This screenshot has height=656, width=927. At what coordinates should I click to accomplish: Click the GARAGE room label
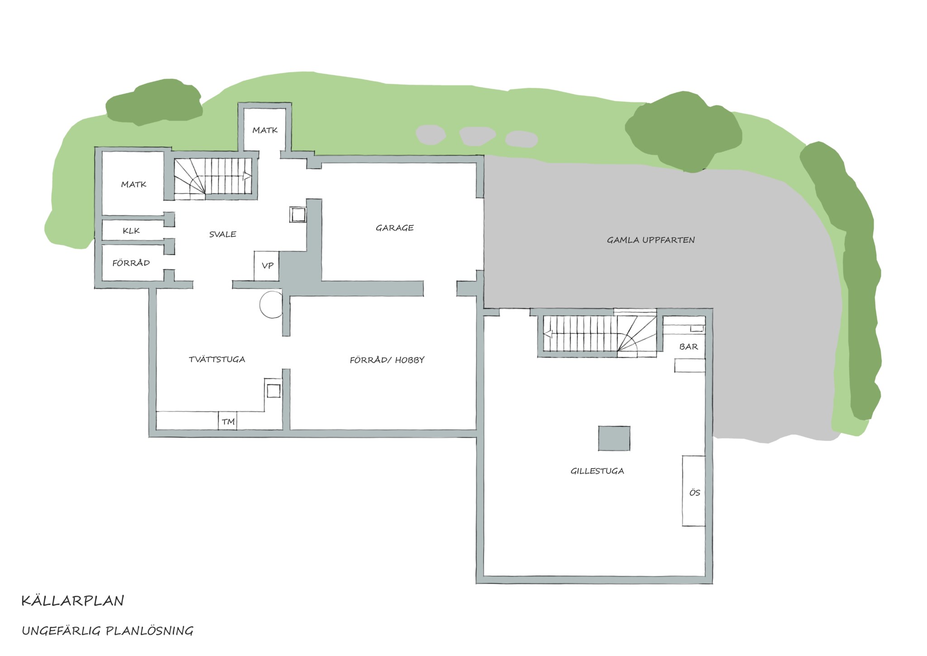(395, 228)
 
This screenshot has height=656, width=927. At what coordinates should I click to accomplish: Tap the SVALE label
(223, 234)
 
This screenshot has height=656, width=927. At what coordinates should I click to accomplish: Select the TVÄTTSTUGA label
(217, 360)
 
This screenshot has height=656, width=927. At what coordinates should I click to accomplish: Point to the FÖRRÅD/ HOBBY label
(387, 360)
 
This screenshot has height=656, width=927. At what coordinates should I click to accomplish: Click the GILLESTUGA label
(597, 471)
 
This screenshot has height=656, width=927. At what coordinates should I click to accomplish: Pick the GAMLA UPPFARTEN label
(650, 240)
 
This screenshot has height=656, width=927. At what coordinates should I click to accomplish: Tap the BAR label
(688, 347)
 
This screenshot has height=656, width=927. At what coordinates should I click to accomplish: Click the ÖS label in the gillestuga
(694, 492)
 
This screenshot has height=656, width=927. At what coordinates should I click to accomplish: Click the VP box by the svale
(267, 266)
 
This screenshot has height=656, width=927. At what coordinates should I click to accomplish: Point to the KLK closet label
(131, 231)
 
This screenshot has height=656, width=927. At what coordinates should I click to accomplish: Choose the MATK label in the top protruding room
(265, 130)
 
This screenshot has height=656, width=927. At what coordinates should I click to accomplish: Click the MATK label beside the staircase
(134, 184)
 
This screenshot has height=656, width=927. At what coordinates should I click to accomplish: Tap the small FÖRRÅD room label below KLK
(131, 263)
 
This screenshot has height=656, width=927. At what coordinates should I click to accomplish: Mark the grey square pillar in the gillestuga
(614, 439)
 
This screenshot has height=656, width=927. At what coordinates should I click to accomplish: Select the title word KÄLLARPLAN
(72, 601)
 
